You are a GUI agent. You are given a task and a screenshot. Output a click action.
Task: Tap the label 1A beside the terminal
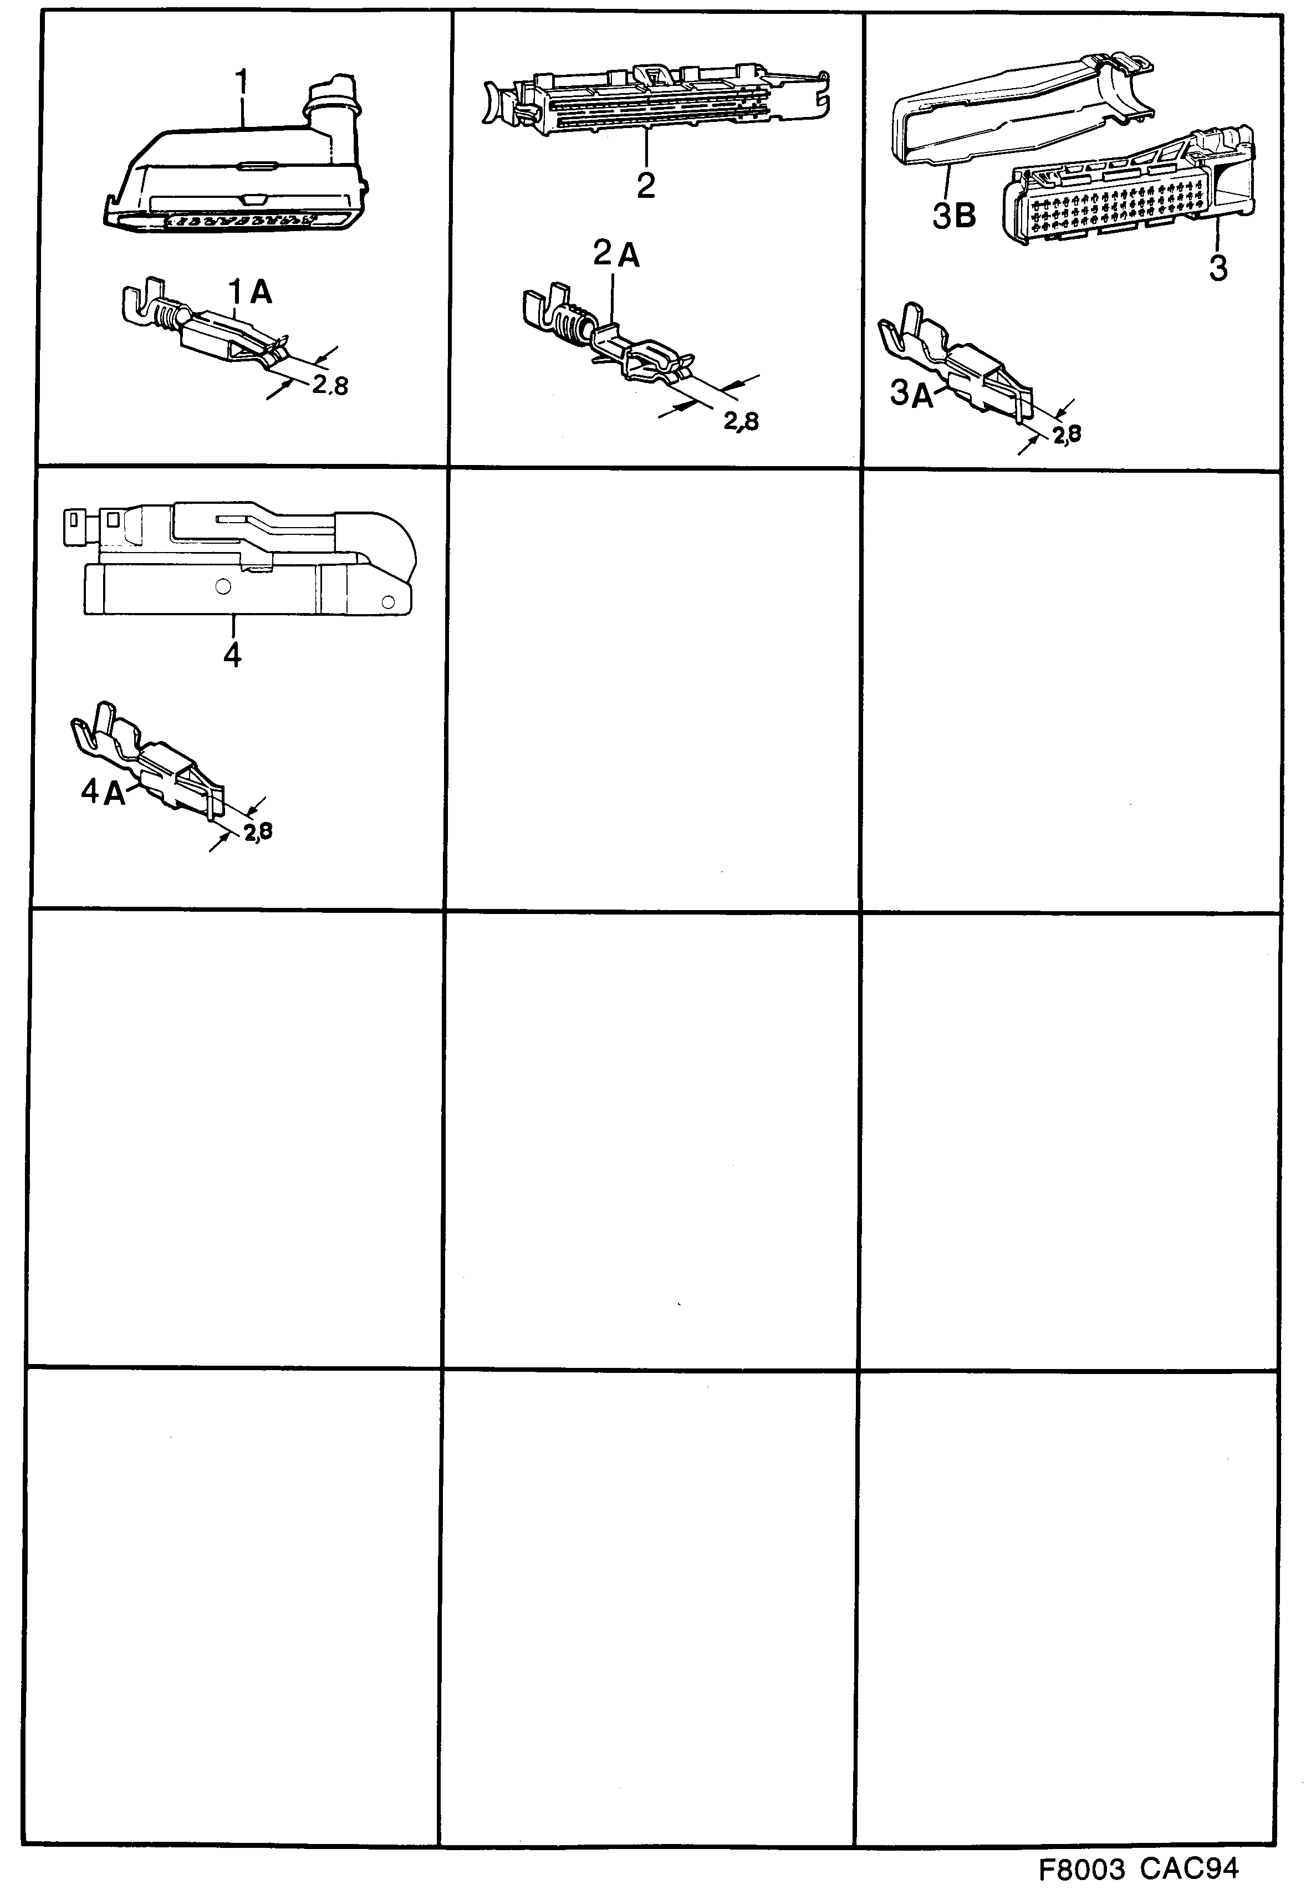249,292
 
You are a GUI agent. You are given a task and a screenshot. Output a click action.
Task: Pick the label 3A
911,395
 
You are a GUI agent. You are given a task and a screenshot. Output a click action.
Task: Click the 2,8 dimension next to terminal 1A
330,385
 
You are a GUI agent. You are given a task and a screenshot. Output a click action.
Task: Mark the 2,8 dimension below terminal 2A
741,421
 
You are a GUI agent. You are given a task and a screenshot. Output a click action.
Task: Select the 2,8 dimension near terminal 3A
1066,435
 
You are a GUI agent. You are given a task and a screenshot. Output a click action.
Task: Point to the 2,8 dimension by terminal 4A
258,832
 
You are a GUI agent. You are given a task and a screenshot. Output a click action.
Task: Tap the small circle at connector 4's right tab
390,603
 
